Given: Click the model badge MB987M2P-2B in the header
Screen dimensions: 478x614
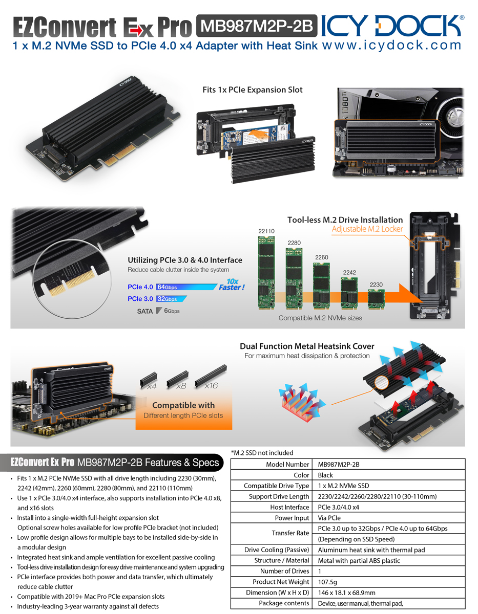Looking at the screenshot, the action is [257, 26].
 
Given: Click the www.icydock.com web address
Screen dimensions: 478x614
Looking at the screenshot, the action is [391, 45].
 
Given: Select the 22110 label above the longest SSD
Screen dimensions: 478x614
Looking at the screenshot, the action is [266, 231].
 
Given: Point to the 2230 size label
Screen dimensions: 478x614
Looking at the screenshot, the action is [376, 284].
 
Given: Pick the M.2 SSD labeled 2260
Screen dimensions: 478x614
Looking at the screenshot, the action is [321, 286].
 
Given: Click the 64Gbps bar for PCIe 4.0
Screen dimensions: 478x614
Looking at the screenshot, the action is [186, 287].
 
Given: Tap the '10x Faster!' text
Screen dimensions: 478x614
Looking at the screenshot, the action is [232, 284].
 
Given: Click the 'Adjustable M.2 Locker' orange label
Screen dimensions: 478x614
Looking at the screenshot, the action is [367, 229].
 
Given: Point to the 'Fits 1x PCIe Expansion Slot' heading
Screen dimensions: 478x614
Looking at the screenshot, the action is [252, 90].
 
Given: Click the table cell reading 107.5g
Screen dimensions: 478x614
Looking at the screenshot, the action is [327, 582].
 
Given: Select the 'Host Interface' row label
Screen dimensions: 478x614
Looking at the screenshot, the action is [289, 507].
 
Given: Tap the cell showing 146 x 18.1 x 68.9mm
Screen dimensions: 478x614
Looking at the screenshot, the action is [346, 593].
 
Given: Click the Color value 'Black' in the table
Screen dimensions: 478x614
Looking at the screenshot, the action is [325, 475].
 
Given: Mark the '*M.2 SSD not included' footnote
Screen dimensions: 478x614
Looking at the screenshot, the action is [262, 453].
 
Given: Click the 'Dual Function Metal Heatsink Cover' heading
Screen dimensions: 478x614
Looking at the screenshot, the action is [307, 346].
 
